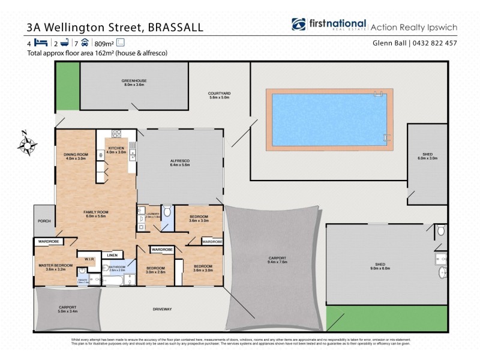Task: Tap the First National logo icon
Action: pos(299,25)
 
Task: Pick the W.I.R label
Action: pos(88,259)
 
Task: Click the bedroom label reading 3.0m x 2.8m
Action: pos(155,269)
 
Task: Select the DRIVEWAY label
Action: pos(163,309)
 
